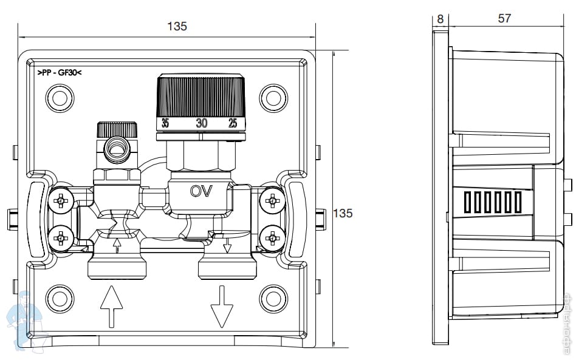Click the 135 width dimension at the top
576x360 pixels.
[176, 26]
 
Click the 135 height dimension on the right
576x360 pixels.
[343, 213]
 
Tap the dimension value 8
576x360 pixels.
[440, 18]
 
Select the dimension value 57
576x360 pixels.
[504, 18]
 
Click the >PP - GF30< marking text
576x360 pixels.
[59, 72]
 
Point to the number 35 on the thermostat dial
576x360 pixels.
[165, 123]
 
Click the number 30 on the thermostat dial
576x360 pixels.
[201, 123]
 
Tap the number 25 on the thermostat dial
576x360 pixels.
[232, 123]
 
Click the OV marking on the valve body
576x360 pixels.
[201, 191]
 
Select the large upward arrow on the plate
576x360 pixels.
[111, 307]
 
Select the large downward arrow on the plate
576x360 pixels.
[222, 307]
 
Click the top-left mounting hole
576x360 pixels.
[60, 98]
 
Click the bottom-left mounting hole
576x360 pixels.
[60, 298]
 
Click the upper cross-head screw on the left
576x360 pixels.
[61, 200]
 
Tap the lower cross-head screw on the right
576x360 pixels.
[272, 237]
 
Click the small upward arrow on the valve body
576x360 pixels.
[117, 245]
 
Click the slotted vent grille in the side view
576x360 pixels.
[492, 202]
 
